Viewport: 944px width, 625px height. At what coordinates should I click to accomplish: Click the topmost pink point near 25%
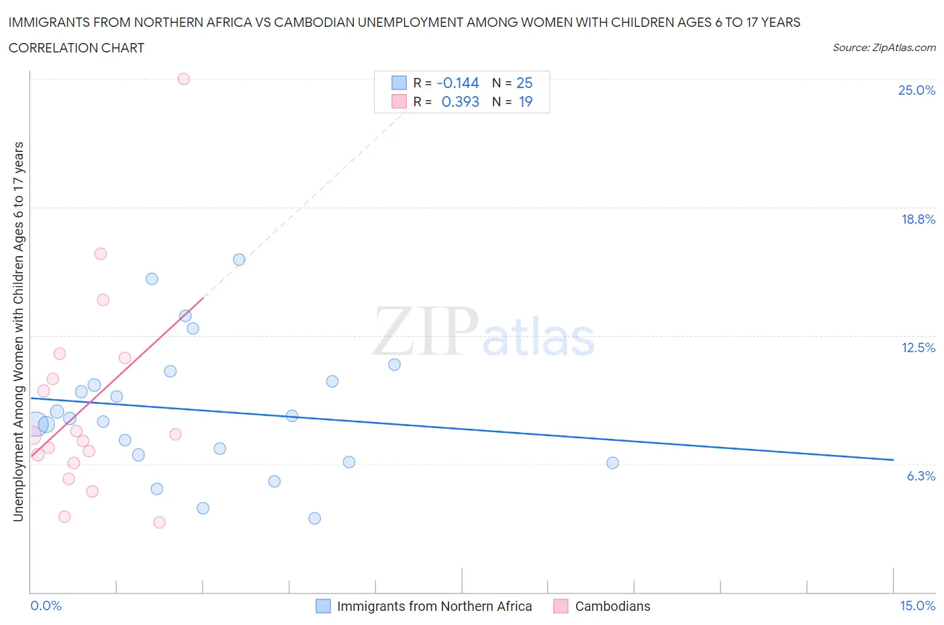coord(183,79)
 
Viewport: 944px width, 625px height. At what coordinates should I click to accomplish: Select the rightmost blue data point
coord(612,462)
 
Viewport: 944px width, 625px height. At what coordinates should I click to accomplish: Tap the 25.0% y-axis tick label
coord(916,90)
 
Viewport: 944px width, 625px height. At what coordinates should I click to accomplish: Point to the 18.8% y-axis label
coord(918,219)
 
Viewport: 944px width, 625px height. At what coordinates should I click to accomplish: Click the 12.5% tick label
coord(918,347)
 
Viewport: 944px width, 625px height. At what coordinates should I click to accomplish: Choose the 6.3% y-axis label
coord(921,476)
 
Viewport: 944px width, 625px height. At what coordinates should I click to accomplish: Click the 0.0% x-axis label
coord(46,606)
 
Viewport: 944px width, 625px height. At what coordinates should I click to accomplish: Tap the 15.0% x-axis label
coord(917,606)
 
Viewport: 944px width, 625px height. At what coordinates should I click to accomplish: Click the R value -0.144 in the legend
coord(457,83)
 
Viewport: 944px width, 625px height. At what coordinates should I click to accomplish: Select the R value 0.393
coord(460,101)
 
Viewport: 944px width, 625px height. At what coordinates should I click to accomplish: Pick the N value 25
coord(524,83)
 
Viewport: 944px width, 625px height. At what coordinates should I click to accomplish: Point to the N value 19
coord(525,101)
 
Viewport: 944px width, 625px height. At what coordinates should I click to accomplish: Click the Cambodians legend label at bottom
coord(612,606)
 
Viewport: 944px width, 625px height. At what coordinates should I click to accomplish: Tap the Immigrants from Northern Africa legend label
coord(434,606)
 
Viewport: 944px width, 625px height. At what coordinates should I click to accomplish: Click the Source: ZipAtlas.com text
coord(884,47)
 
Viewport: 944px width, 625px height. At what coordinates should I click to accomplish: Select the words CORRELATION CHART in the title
coord(77,48)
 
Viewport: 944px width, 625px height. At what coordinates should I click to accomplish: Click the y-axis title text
coord(18,331)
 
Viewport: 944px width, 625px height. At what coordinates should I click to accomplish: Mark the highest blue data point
coord(239,259)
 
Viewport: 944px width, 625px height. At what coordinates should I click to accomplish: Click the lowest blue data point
coord(314,518)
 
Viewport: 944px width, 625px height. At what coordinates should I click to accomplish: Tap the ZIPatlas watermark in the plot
coord(483,332)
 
